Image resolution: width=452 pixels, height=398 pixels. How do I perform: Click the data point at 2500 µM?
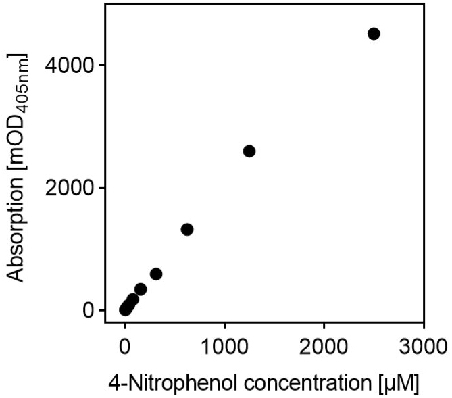374,34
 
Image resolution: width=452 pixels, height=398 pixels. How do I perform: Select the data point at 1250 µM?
249,151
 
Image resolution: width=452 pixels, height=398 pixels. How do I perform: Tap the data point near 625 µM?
187,230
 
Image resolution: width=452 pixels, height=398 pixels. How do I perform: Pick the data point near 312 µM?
156,274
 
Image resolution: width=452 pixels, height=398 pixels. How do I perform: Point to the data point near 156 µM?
141,289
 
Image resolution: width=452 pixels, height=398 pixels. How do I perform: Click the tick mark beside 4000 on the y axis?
101,66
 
